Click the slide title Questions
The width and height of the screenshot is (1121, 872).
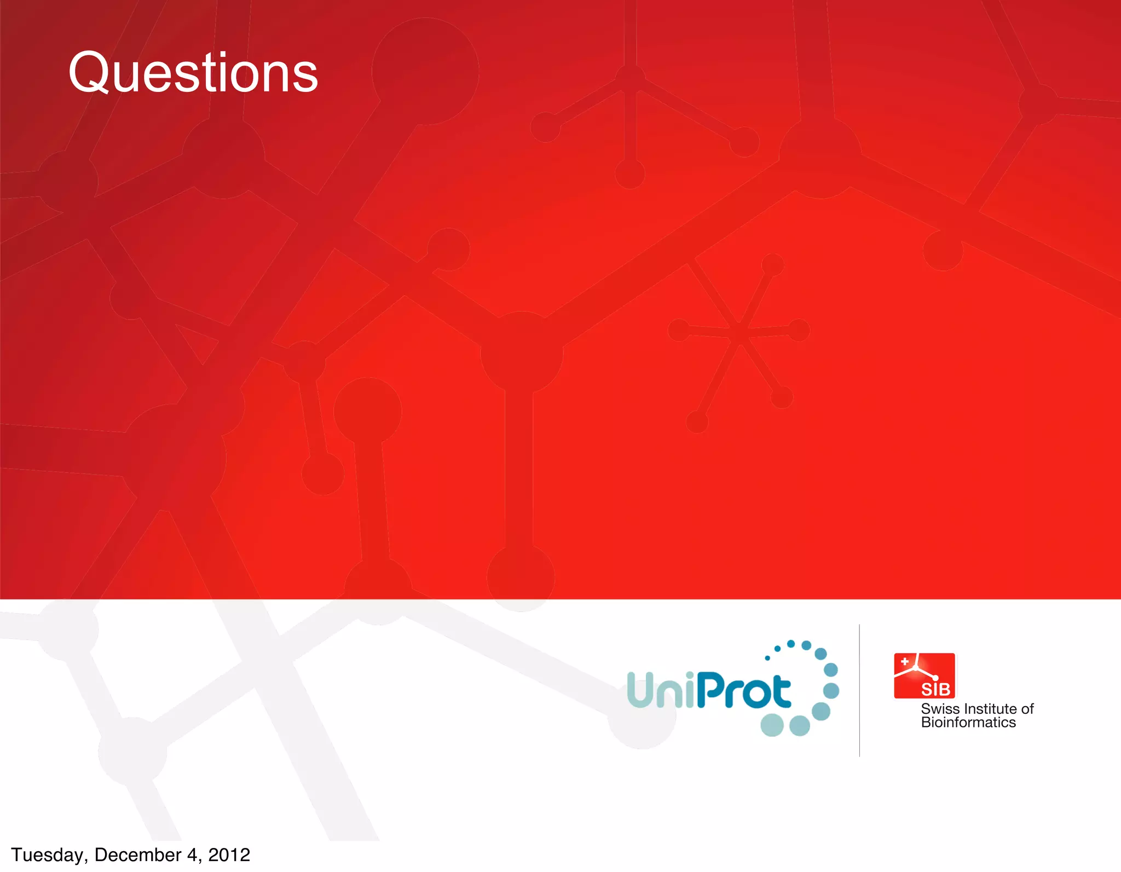coord(193,72)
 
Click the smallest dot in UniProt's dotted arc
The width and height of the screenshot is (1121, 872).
coord(767,658)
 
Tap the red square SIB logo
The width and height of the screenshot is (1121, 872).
coord(924,675)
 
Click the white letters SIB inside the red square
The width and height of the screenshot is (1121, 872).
coord(935,689)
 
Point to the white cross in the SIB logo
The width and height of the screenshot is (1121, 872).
coord(905,662)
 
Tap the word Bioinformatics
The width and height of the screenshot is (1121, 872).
coord(968,723)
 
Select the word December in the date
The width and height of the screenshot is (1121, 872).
coord(138,854)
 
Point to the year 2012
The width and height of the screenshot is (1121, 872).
coord(229,854)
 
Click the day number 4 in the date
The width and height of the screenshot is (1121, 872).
coord(192,854)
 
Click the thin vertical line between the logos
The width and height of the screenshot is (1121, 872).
coord(859,690)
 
